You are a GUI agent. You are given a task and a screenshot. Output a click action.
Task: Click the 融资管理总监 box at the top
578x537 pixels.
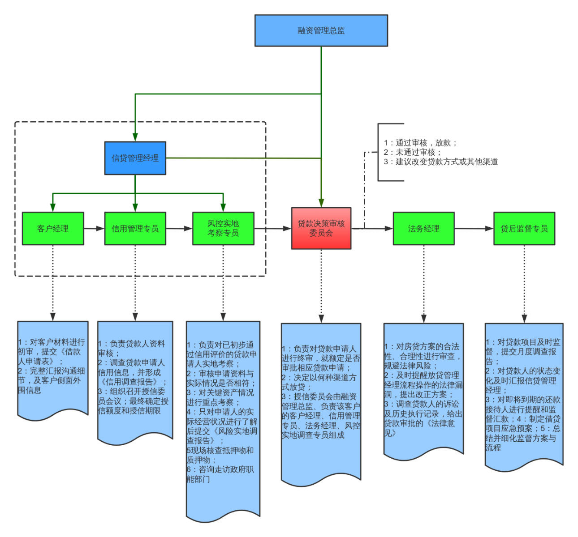321,30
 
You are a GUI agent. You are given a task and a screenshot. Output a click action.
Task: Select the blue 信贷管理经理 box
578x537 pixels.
135,158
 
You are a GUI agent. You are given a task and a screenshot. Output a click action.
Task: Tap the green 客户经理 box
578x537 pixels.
53,229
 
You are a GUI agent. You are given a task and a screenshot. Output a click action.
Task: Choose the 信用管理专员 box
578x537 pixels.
135,229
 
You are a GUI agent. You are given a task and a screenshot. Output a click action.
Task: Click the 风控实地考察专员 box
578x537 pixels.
223,229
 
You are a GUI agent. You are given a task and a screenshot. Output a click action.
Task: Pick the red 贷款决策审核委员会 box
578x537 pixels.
321,228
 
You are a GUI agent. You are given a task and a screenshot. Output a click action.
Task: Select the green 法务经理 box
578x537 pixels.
423,229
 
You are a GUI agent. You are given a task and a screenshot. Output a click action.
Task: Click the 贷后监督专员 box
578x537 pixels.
524,229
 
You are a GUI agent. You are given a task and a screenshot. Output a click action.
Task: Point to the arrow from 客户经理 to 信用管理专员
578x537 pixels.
94,229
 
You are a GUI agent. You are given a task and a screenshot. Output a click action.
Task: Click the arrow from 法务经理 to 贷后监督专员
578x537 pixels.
474,229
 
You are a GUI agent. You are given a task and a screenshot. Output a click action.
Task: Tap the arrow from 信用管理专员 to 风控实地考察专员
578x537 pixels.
179,229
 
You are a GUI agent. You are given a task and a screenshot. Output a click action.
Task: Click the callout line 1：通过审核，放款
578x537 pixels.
420,143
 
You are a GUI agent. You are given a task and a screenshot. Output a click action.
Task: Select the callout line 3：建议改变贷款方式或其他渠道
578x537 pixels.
441,162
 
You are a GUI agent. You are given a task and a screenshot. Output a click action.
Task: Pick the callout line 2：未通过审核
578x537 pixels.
413,152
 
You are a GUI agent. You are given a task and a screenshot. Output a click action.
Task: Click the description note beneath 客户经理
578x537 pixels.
52,367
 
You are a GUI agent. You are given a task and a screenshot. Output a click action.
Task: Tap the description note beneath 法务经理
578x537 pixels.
423,389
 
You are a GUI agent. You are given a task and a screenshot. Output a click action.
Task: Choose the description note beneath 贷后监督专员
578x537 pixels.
523,394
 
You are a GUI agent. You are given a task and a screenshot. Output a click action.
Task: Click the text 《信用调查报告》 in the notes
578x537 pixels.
130,382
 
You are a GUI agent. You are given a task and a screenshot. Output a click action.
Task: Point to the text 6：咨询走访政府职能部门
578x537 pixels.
220,474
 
